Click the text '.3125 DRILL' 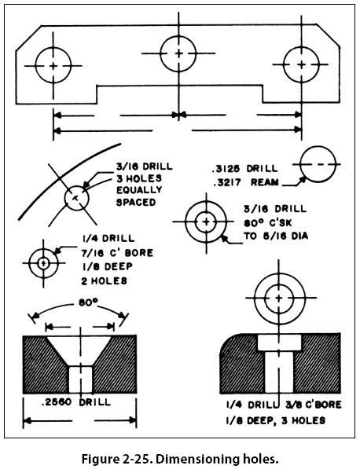(x=244, y=169)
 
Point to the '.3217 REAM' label (x=246, y=182)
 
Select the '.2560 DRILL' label (x=76, y=402)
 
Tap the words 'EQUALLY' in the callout (x=139, y=190)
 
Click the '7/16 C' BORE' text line (x=117, y=253)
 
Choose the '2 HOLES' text (x=104, y=281)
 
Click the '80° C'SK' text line (x=268, y=222)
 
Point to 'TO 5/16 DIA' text (x=276, y=236)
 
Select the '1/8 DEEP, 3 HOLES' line (x=275, y=420)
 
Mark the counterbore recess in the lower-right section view (x=279, y=343)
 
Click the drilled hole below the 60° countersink (x=80, y=379)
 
